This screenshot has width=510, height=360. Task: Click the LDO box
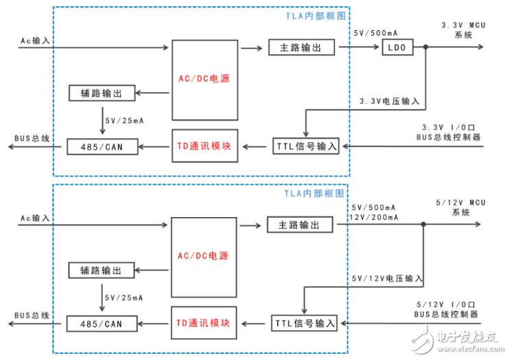click(397, 48)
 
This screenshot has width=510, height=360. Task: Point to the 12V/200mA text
click(374, 217)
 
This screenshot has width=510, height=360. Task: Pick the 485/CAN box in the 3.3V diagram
click(103, 146)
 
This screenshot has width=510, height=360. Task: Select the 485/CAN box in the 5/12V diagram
click(103, 322)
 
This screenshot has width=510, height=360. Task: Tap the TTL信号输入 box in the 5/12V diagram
click(306, 322)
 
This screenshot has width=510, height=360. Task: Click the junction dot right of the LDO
click(426, 48)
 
